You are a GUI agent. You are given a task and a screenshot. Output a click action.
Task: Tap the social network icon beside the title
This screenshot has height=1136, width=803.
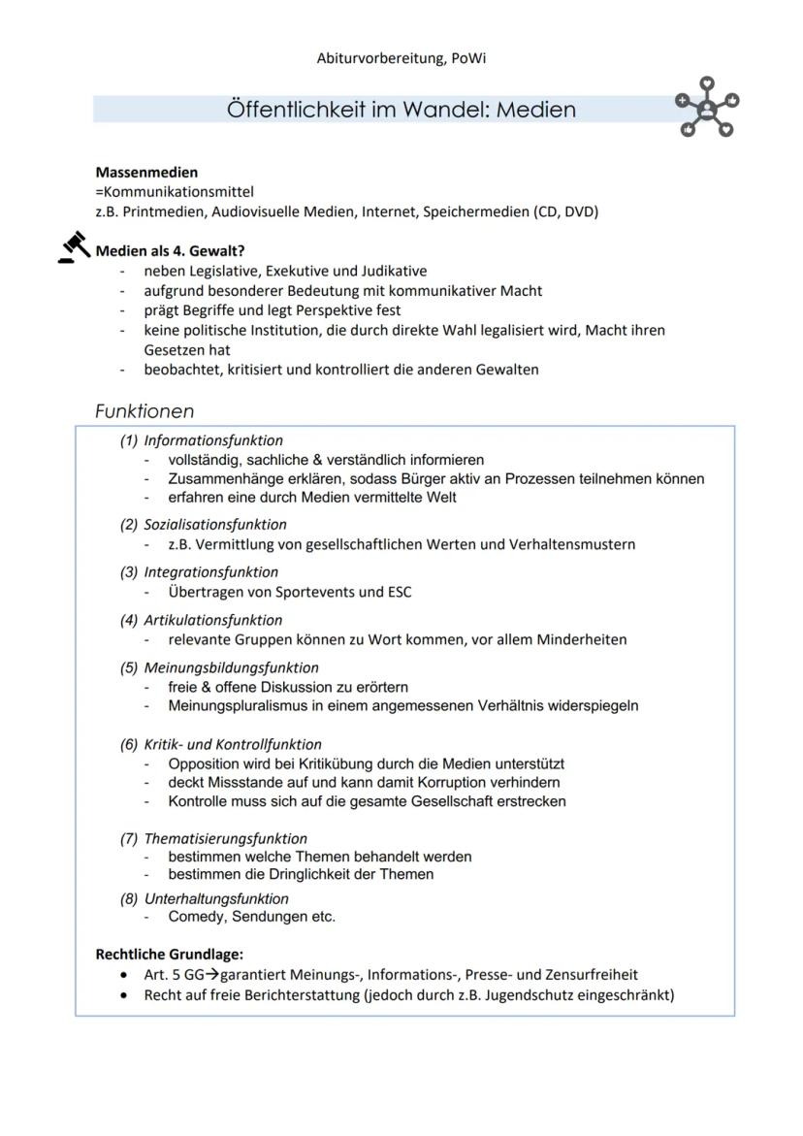pyautogui.click(x=707, y=107)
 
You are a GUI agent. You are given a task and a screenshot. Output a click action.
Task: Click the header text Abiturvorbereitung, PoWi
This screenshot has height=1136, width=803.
pyautogui.click(x=401, y=58)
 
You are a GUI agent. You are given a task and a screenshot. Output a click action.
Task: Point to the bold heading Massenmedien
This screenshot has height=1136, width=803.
pyautogui.click(x=146, y=173)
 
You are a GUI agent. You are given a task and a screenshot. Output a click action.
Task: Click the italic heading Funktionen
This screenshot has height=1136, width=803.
pyautogui.click(x=145, y=411)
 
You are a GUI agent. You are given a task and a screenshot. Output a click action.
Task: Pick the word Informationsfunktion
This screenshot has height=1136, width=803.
pyautogui.click(x=213, y=440)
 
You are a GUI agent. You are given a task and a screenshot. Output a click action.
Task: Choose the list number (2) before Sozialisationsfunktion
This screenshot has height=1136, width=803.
pyautogui.click(x=129, y=524)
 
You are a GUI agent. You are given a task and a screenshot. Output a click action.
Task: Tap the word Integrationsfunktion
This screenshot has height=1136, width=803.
pyautogui.click(x=210, y=572)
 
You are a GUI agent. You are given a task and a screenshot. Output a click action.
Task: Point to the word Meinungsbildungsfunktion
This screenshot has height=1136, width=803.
pyautogui.click(x=231, y=667)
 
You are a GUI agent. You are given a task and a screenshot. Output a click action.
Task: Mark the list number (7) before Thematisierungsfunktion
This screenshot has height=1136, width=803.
pyautogui.click(x=129, y=838)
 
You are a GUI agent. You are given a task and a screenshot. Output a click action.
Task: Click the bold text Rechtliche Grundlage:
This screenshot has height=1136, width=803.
pyautogui.click(x=170, y=955)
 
